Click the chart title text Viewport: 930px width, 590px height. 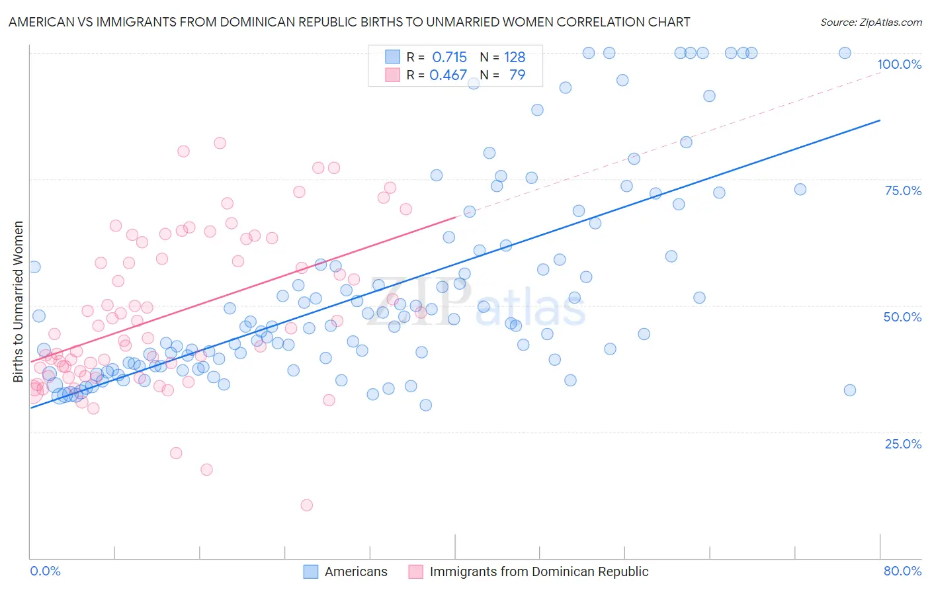point(349,22)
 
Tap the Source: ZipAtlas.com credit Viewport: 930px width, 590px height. point(870,22)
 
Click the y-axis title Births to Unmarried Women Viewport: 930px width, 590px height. point(18,301)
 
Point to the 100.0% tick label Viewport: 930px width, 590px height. point(899,64)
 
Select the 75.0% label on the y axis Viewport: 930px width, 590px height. point(903,190)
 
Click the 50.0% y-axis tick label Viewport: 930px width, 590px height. point(902,317)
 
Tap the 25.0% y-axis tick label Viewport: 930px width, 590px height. point(903,443)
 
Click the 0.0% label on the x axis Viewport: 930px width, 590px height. point(45,571)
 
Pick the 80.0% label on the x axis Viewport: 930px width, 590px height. point(902,571)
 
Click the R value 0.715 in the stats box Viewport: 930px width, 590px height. point(449,57)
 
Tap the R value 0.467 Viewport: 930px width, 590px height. point(448,75)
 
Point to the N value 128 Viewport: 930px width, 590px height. point(514,57)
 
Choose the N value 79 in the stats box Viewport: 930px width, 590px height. point(517,75)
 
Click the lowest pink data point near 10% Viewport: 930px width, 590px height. point(306,505)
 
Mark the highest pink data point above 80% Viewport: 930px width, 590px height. point(220,143)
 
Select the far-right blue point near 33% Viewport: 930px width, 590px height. point(850,390)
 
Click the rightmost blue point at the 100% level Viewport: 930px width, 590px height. point(845,53)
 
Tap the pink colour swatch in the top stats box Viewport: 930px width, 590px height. point(393,75)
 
